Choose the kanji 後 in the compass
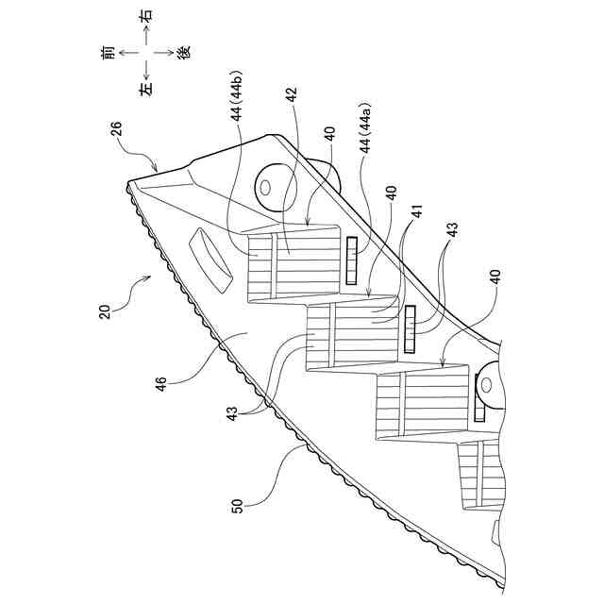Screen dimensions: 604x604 pyautogui.click(x=184, y=52)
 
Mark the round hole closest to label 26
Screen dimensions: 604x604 pyautogui.click(x=264, y=185)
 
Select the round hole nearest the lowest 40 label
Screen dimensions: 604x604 pyautogui.click(x=488, y=384)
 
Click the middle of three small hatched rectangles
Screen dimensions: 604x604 pyautogui.click(x=410, y=329)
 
